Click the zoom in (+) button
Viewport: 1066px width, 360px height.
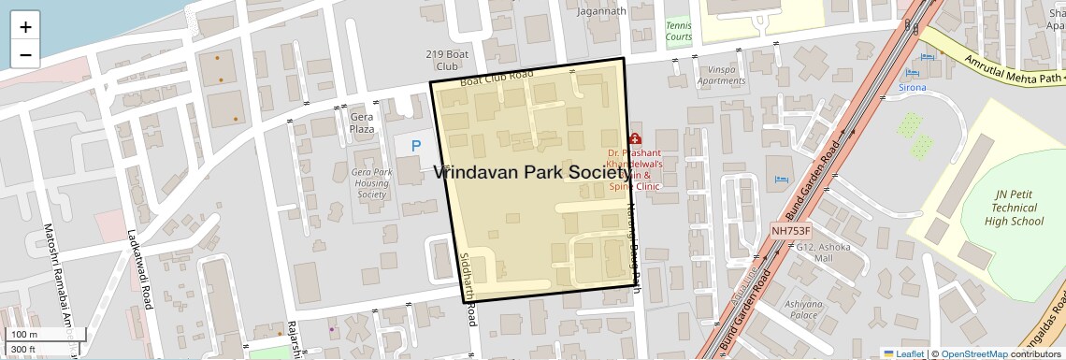tap(25, 27)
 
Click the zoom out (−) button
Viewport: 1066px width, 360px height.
tap(25, 54)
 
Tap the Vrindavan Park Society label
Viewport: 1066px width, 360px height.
tap(532, 173)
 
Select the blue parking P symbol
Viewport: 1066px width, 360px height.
tap(417, 146)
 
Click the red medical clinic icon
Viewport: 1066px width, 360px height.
tap(636, 137)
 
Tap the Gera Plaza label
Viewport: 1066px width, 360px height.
tap(362, 122)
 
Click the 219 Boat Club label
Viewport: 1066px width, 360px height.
tap(446, 61)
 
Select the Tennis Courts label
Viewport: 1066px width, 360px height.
tap(679, 31)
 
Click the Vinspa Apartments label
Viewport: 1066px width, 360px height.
tap(721, 75)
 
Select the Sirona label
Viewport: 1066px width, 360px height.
tap(912, 87)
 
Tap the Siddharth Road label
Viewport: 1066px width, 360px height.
tap(467, 289)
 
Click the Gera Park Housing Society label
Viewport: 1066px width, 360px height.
tap(371, 183)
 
